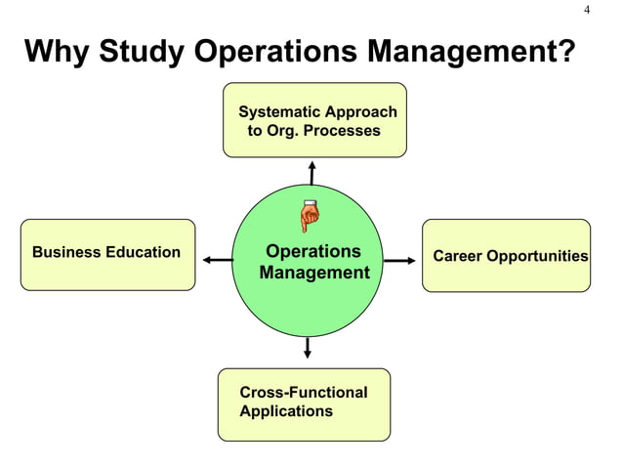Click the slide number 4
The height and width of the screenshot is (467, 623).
(588, 10)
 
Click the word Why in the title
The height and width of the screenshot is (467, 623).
(57, 52)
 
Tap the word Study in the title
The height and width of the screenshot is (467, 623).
(142, 52)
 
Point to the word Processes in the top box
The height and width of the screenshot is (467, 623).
(343, 130)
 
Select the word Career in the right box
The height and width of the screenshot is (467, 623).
(457, 257)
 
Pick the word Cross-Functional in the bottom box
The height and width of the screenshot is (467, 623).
(304, 393)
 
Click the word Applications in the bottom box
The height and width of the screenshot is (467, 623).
(286, 411)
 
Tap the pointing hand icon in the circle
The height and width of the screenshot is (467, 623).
(310, 215)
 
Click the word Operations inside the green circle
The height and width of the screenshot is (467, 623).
(313, 251)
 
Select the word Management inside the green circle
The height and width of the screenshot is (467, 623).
(314, 273)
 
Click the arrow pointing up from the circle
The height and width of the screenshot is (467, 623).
(311, 171)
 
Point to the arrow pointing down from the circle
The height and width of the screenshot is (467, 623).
(309, 348)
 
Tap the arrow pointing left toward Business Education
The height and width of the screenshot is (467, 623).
(218, 260)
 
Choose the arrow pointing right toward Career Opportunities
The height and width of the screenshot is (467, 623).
(399, 261)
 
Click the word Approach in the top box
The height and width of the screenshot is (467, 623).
(360, 111)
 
